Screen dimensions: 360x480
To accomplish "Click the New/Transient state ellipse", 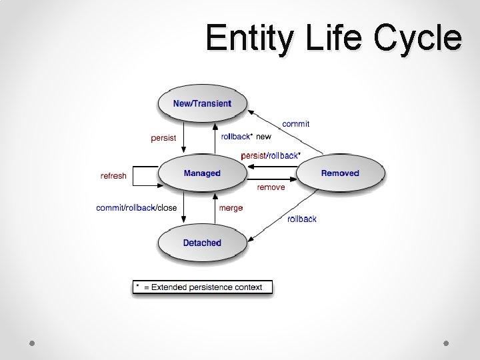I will tap(202, 103).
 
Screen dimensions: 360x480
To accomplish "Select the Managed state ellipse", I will tap(202, 173).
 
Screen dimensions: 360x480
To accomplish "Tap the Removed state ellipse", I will tap(340, 173).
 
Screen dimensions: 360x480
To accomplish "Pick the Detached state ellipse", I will tap(202, 243).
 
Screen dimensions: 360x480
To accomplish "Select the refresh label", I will tap(113, 176).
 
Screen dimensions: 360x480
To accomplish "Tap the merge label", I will tap(231, 208).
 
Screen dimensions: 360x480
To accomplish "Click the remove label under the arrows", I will tap(271, 187).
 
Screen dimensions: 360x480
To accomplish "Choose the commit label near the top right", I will tap(295, 124).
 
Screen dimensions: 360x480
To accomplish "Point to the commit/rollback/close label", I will tap(137, 208).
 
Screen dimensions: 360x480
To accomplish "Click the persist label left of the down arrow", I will tap(163, 139).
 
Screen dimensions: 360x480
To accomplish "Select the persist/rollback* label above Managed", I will tap(270, 155).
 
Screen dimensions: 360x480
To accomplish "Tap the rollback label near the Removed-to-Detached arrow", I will tap(302, 219).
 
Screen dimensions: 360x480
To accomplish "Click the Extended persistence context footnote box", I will tap(202, 288).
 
